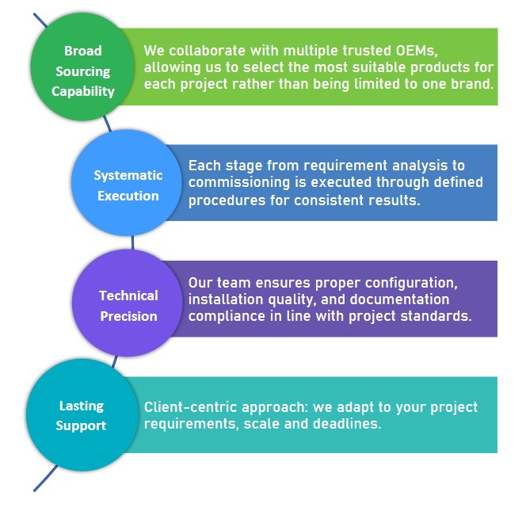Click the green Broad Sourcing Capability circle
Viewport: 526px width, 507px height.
[x=82, y=70]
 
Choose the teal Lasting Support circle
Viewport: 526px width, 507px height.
[x=82, y=415]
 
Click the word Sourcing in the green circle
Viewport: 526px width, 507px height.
[x=83, y=72]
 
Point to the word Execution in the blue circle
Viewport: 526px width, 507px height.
[x=128, y=195]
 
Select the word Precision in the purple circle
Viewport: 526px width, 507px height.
[x=128, y=315]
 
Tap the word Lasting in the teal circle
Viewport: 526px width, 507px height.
[x=82, y=406]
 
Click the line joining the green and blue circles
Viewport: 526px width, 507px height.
[x=108, y=124]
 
